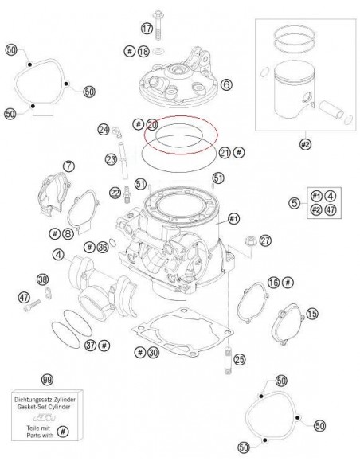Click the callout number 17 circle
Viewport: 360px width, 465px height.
pos(146,28)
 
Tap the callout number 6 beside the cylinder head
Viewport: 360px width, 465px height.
pos(226,84)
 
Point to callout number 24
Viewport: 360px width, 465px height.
pos(104,129)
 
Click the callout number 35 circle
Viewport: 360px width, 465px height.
pos(102,248)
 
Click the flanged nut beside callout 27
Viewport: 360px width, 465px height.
pos(245,241)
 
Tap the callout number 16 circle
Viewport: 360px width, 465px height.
pos(273,283)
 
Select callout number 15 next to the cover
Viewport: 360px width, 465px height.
pos(311,315)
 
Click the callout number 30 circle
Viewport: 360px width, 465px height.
pos(153,351)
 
